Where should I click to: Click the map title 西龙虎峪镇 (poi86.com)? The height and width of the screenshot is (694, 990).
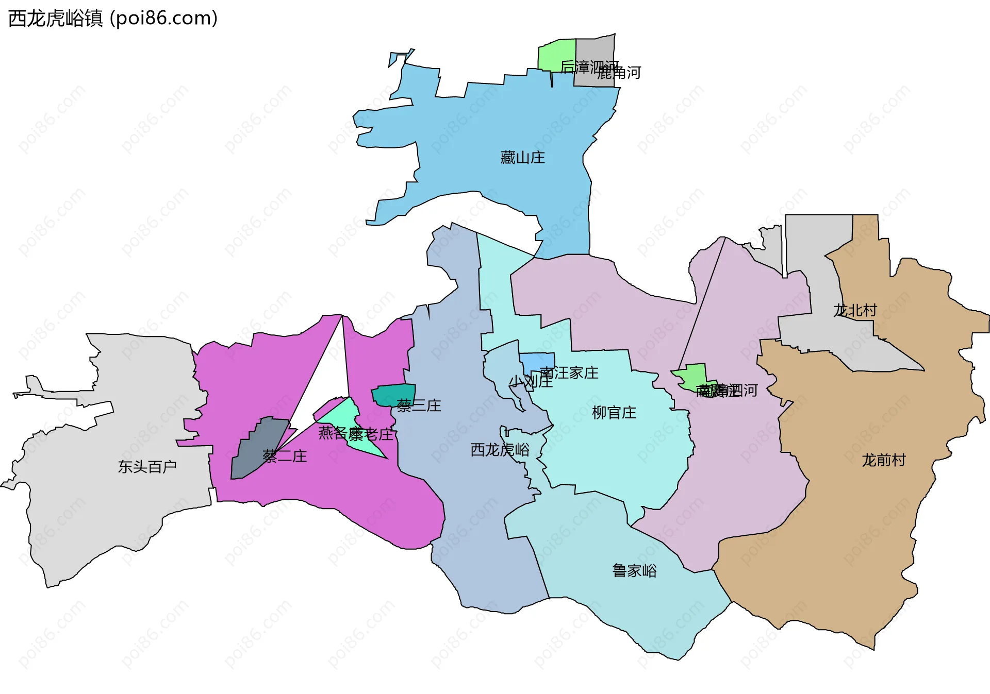pyautogui.click(x=113, y=19)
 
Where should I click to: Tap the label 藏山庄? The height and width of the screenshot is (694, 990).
pyautogui.click(x=522, y=157)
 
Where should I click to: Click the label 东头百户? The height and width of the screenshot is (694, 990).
pyautogui.click(x=147, y=467)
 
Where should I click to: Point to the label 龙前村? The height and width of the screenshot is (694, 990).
pyautogui.click(x=883, y=460)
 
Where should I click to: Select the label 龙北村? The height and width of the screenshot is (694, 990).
pyautogui.click(x=855, y=310)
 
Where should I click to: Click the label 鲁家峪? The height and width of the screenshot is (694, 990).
pyautogui.click(x=634, y=570)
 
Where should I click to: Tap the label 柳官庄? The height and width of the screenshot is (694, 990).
pyautogui.click(x=614, y=413)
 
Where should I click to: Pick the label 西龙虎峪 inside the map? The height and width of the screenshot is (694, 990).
pyautogui.click(x=500, y=450)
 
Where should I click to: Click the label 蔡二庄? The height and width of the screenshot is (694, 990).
pyautogui.click(x=285, y=456)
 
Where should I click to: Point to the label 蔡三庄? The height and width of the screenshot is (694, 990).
pyautogui.click(x=419, y=405)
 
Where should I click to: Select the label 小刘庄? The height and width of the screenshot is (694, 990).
pyautogui.click(x=531, y=381)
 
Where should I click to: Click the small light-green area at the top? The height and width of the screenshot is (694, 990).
pyautogui.click(x=556, y=54)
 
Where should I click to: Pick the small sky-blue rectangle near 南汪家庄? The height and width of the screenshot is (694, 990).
pyautogui.click(x=537, y=361)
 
